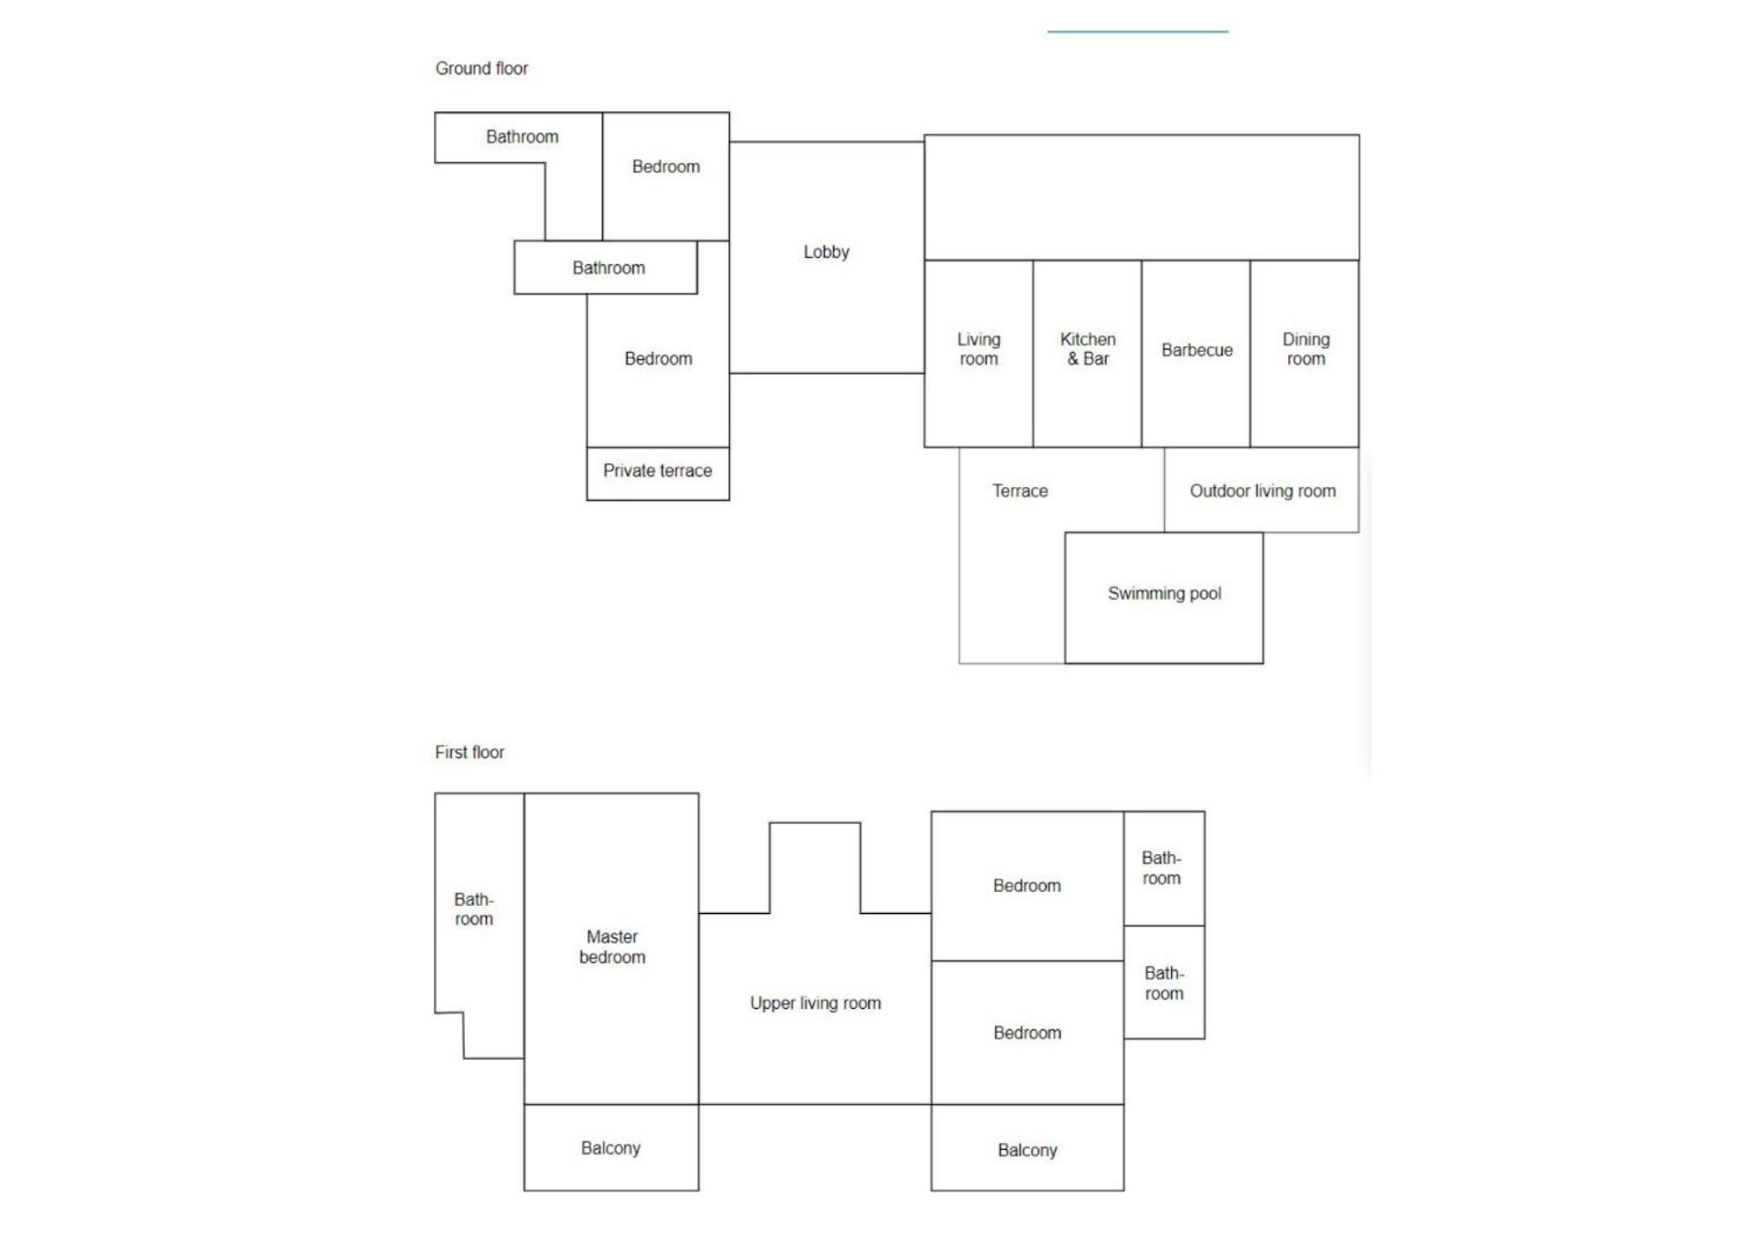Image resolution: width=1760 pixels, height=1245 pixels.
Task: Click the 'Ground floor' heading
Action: pos(482,69)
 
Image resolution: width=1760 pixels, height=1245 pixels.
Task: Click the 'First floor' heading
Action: pos(469,753)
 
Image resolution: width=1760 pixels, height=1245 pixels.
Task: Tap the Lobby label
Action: pos(826,252)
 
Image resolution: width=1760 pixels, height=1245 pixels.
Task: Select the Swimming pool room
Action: pos(1164,598)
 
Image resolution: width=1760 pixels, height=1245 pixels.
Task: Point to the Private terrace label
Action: pos(658,471)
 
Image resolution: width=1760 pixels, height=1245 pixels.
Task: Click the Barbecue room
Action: pos(1196,354)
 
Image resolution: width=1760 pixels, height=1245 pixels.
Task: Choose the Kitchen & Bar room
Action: pos(1087,354)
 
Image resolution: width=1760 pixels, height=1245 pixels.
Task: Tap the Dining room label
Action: pos(1306,350)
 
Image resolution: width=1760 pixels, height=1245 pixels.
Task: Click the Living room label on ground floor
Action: pos(978,350)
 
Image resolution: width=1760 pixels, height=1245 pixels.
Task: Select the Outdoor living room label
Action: pos(1263,491)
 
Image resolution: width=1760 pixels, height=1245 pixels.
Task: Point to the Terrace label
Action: pos(1020,491)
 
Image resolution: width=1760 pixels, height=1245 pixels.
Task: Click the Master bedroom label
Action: pos(612,947)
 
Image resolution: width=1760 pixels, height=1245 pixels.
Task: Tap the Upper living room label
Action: pos(815,1004)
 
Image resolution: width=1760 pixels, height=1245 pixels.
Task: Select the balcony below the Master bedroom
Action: pos(611,1148)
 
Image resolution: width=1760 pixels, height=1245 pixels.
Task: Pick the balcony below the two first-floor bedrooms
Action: pos(1027,1148)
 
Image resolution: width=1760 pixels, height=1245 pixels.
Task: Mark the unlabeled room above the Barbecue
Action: pos(1141,197)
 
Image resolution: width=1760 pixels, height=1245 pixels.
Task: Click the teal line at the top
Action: pos(1138,32)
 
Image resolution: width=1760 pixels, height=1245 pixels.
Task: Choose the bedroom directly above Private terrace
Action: pos(658,370)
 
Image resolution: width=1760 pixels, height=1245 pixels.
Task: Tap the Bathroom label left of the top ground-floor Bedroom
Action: pos(522,137)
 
